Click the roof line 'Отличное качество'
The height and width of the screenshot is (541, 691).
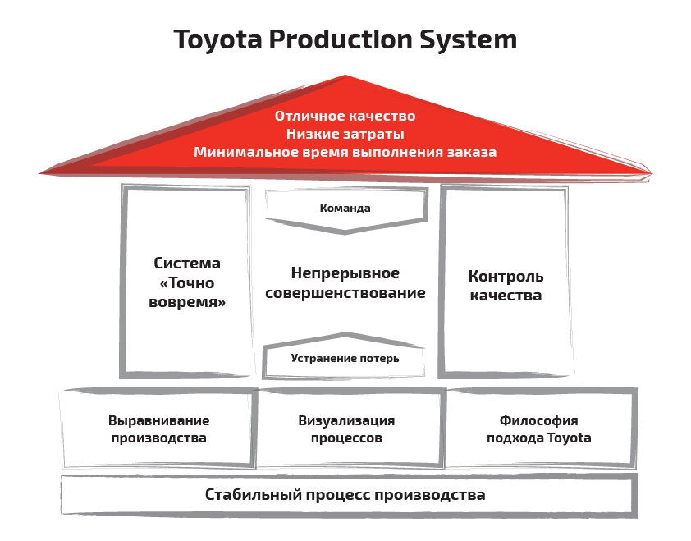345,116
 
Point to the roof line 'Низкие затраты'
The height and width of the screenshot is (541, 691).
345,134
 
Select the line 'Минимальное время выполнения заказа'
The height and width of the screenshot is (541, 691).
345,152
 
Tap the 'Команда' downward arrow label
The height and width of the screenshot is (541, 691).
345,208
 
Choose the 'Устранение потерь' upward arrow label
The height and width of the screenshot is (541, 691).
345,358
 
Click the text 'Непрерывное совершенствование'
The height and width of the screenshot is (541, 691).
345,282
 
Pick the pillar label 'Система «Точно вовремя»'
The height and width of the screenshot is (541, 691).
187,282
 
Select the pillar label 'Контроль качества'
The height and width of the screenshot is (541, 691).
506,286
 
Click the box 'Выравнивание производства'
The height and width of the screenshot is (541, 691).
158,429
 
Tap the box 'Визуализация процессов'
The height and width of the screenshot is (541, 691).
346,429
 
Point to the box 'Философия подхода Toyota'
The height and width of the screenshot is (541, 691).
538,429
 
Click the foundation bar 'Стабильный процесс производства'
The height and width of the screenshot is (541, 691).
345,495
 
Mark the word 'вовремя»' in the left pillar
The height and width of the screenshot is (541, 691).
187,301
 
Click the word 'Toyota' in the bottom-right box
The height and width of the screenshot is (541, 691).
569,438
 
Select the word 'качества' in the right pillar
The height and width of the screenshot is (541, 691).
506,296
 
